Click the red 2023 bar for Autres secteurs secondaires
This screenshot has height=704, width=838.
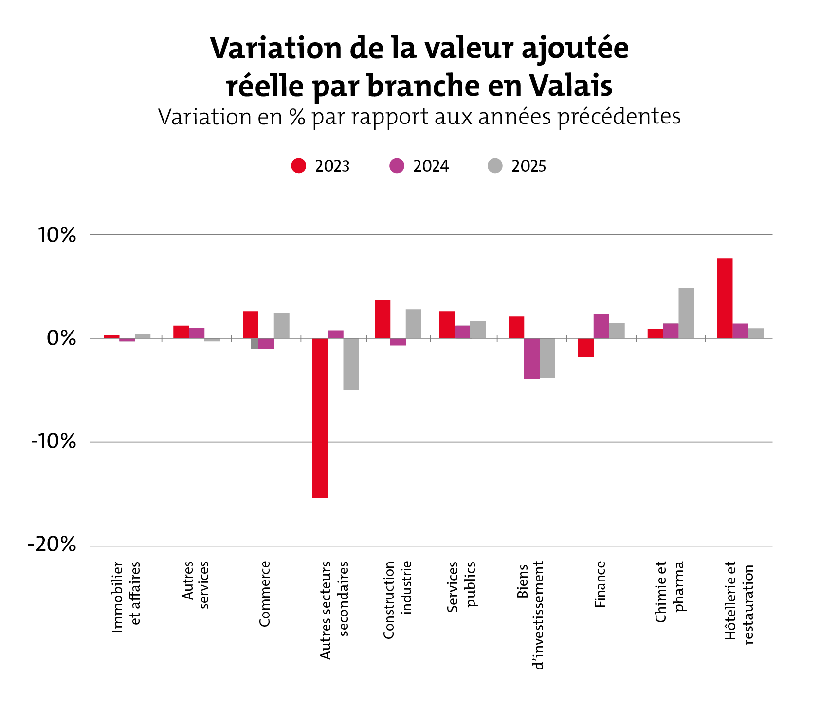coord(320,418)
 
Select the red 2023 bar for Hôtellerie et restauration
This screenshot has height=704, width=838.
coord(725,298)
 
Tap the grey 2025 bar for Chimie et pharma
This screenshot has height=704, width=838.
coord(686,313)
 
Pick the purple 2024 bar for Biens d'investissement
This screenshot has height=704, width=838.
coord(532,358)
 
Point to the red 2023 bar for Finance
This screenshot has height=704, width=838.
coord(585,348)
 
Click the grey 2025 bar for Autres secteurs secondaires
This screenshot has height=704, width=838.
coord(351,364)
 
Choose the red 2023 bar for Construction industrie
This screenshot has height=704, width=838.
coord(383,319)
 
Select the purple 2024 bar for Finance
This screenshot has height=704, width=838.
coord(601,326)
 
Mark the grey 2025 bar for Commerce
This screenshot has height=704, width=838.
coord(281,325)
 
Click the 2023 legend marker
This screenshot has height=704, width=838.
coord(298,166)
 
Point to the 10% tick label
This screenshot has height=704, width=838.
coord(57,235)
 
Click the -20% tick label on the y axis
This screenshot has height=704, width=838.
coord(53,545)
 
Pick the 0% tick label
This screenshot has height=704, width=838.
coord(61,339)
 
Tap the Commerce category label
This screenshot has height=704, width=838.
coord(265,594)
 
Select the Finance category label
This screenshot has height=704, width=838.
coord(600,584)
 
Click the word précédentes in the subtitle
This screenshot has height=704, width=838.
coord(619,117)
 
